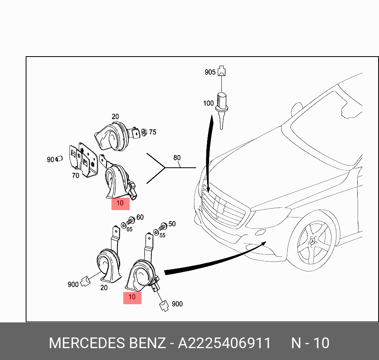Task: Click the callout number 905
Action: pyautogui.click(x=210, y=72)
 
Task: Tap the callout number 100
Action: pyautogui.click(x=208, y=104)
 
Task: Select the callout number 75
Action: pyautogui.click(x=153, y=132)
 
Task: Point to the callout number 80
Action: pyautogui.click(x=177, y=158)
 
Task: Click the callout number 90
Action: pyautogui.click(x=50, y=159)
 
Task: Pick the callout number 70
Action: pyautogui.click(x=75, y=175)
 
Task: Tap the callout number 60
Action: pyautogui.click(x=140, y=217)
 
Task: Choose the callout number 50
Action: pyautogui.click(x=172, y=224)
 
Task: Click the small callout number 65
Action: pyautogui.click(x=129, y=229)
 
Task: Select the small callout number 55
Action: pyautogui.click(x=162, y=235)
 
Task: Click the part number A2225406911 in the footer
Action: pyautogui.click(x=224, y=343)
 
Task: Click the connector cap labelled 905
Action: pyautogui.click(x=222, y=71)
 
